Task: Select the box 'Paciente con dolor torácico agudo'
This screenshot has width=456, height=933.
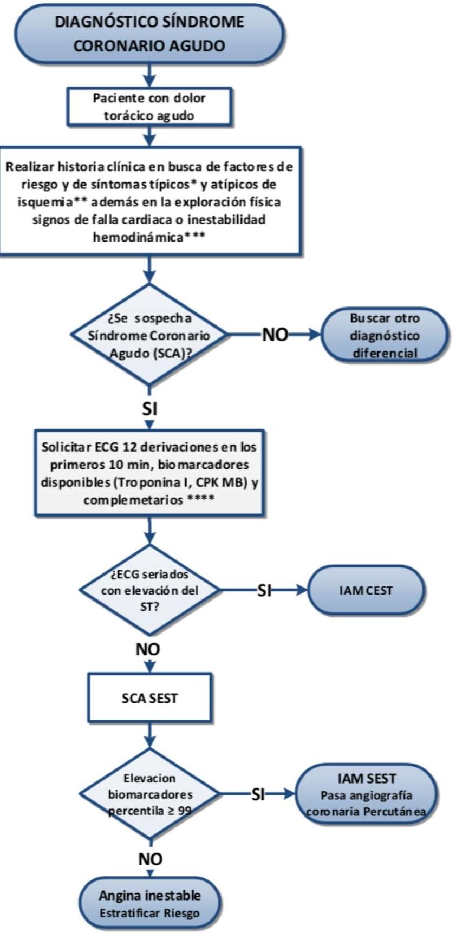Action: tap(149, 107)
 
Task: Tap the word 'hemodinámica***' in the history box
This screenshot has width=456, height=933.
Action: tap(149, 237)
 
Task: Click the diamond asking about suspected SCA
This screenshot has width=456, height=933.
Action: tap(149, 335)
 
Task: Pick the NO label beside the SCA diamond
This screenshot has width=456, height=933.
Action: tap(275, 335)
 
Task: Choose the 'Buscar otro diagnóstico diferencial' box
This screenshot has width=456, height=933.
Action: tap(385, 335)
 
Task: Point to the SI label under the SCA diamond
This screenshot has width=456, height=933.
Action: tap(149, 409)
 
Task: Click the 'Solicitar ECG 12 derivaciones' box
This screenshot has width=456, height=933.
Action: tap(149, 473)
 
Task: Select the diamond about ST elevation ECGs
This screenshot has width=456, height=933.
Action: tap(149, 590)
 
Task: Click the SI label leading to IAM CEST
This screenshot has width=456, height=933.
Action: tap(264, 590)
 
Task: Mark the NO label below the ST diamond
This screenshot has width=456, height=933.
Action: tap(148, 649)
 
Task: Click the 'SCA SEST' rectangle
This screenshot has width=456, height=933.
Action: tap(149, 698)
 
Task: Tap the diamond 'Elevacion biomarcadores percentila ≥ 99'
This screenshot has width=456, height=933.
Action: tap(149, 794)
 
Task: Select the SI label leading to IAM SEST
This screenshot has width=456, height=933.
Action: tap(259, 794)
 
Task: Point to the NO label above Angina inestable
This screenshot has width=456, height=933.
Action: tap(151, 859)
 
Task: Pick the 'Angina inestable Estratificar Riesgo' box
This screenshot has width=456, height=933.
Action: tap(149, 903)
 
